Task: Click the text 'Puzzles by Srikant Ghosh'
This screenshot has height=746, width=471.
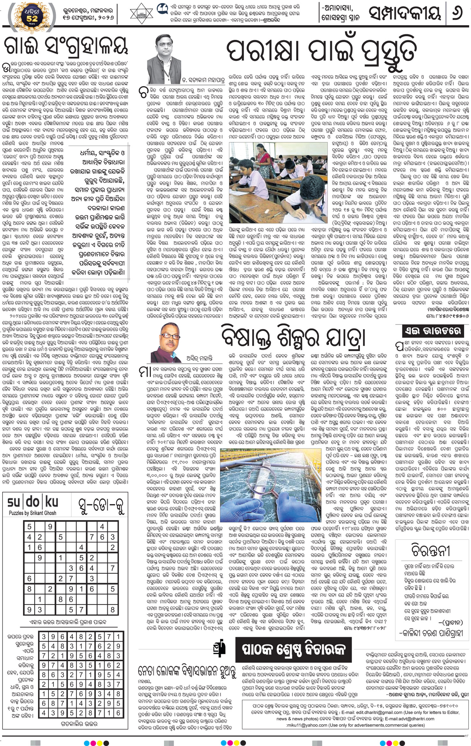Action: click(32, 513)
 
